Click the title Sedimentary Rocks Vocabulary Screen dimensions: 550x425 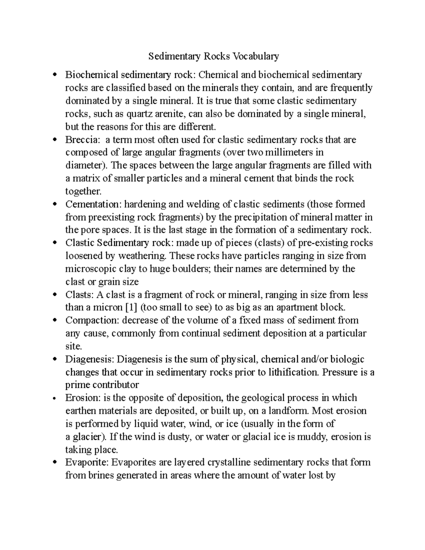coord(214,56)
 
